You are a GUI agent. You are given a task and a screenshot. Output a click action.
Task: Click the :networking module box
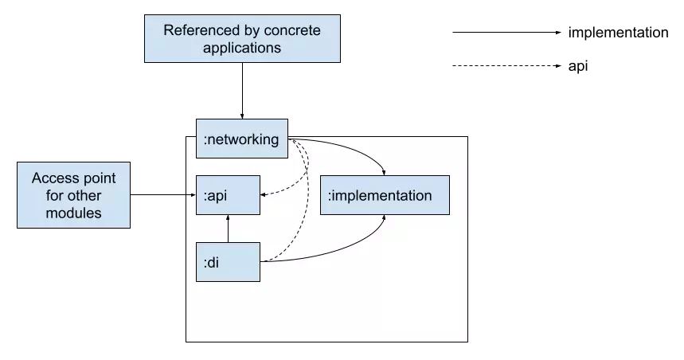[x=241, y=139]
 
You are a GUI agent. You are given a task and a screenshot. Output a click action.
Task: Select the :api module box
[x=228, y=195]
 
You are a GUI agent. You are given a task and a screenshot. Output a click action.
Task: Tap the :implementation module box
[x=385, y=195]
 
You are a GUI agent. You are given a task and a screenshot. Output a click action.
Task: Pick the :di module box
[x=228, y=262]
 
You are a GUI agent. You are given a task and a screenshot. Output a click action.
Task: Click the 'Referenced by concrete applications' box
[x=242, y=38]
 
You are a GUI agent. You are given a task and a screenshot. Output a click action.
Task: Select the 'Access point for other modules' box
[x=73, y=195]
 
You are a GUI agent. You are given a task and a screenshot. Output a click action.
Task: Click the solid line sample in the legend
[x=507, y=33]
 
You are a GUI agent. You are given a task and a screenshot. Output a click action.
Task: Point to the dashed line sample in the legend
[x=507, y=66]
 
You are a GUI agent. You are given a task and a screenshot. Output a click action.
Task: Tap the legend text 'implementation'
[x=618, y=33]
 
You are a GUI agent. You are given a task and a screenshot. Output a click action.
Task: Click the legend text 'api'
[x=578, y=66]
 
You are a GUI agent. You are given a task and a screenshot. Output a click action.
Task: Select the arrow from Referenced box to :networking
[x=242, y=91]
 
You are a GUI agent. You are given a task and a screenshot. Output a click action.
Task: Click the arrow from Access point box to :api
[x=163, y=194]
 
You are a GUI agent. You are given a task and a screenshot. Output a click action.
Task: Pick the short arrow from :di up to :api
[x=228, y=229]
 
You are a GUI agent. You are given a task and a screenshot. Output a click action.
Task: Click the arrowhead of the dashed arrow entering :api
[x=263, y=194]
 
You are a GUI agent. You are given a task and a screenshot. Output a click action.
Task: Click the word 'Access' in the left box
[x=52, y=178]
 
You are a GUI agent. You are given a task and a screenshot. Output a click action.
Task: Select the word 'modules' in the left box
[x=73, y=213]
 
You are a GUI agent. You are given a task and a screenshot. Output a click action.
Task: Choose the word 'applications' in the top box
[x=242, y=48]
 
